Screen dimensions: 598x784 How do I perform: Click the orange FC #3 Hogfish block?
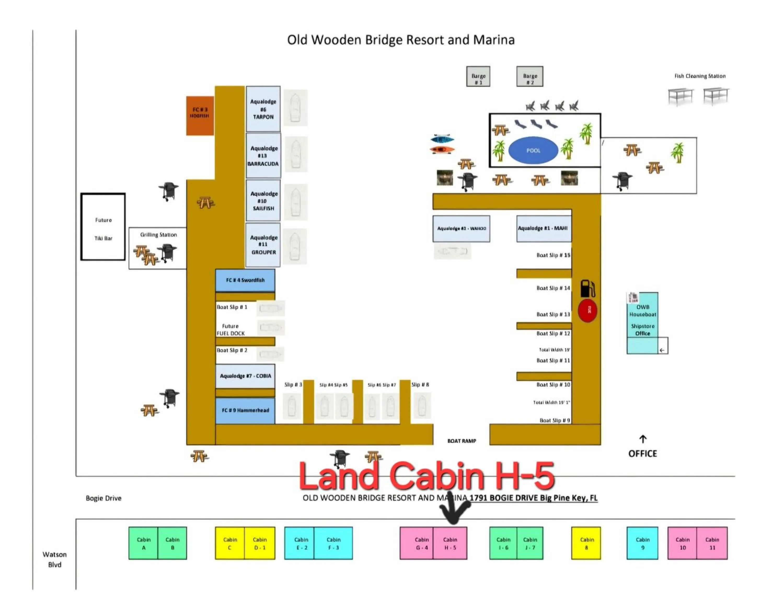point(200,116)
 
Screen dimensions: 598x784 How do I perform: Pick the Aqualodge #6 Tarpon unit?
point(263,109)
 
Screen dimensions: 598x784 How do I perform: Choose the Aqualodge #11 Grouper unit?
point(263,245)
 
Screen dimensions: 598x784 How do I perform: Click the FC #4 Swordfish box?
point(245,280)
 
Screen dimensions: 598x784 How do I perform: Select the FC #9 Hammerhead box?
point(245,410)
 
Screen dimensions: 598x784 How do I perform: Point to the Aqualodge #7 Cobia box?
point(245,376)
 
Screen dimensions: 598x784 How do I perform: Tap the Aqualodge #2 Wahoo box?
point(461,228)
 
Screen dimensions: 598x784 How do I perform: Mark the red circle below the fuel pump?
point(587,310)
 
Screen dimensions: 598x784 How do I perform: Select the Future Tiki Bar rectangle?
point(103,227)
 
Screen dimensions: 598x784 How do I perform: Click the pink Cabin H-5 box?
point(450,543)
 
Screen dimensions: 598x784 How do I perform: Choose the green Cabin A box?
point(143,543)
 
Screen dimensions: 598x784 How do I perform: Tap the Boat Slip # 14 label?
point(553,288)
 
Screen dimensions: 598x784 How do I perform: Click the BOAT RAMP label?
point(462,441)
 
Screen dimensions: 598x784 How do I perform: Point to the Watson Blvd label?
point(54,559)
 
